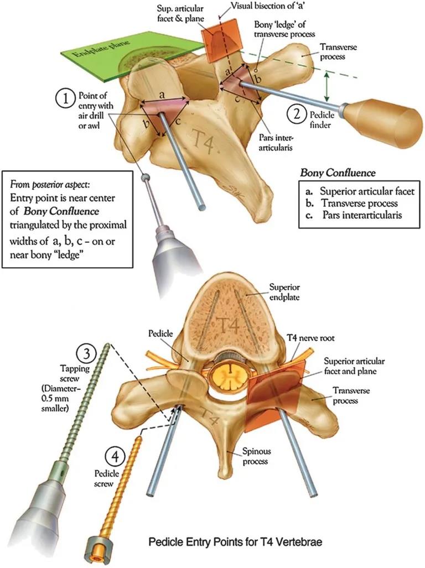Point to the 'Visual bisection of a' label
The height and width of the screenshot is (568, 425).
pyautogui.click(x=261, y=8)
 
